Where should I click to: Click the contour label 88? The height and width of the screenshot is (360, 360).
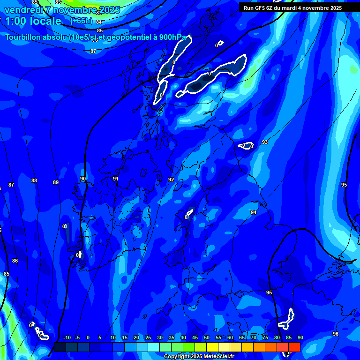34,180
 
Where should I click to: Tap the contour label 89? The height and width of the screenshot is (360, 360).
56,182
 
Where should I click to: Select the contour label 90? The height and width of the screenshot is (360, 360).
83,179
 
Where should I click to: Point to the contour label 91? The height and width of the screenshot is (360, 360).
115,179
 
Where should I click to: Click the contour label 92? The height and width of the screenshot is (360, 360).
171,180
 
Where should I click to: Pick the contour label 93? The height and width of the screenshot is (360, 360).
265,142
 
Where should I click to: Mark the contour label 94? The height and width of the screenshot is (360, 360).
254,212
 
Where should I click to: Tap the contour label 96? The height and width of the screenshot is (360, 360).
336,334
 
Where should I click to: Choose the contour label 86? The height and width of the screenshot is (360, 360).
15,261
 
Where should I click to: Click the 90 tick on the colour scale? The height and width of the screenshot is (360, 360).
300,338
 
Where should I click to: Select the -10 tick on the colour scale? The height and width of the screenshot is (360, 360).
67,338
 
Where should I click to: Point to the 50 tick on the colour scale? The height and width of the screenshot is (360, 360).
207,338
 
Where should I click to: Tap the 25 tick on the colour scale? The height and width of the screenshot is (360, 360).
148,338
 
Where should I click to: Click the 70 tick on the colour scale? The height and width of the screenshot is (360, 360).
254,338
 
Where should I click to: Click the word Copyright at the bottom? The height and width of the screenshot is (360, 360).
176,357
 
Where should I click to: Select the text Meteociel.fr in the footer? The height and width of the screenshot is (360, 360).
218,357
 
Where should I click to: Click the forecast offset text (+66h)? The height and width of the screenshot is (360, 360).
81,21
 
